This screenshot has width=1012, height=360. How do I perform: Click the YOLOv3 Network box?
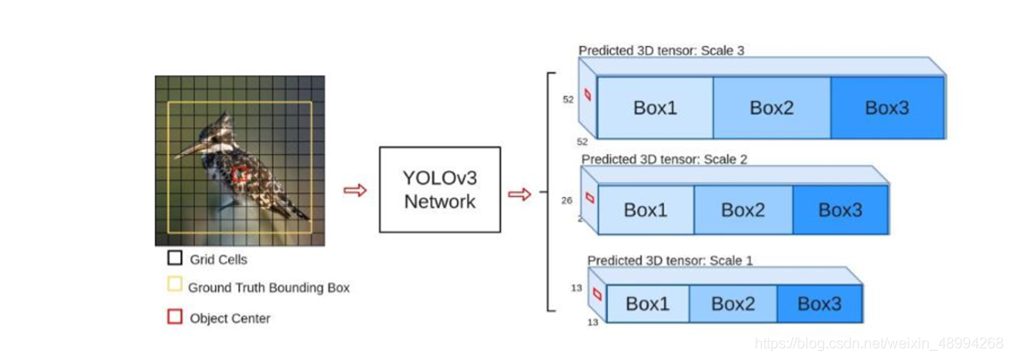click(440, 189)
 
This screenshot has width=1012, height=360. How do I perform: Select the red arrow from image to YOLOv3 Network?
click(354, 190)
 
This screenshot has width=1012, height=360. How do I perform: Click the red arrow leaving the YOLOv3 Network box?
click(519, 193)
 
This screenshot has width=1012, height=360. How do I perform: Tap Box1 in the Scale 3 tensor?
click(655, 107)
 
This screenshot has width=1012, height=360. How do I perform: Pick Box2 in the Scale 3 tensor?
click(771, 107)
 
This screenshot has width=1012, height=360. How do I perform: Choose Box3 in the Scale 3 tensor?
click(887, 107)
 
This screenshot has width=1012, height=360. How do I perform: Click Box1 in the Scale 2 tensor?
click(647, 210)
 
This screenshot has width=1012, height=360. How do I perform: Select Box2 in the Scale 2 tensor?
click(743, 210)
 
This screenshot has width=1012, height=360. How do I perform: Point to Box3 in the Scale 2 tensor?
click(840, 210)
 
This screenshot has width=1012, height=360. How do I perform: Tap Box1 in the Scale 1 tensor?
click(647, 304)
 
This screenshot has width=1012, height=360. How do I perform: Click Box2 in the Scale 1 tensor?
click(733, 304)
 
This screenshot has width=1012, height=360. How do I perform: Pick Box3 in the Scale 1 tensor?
click(819, 304)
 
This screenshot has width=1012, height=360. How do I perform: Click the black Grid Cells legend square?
click(174, 258)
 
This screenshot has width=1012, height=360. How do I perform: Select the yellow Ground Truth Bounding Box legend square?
click(174, 287)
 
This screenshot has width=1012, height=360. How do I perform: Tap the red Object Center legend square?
click(174, 317)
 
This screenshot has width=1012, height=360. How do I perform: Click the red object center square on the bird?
click(240, 174)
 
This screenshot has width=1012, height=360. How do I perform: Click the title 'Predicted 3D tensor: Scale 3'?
click(660, 50)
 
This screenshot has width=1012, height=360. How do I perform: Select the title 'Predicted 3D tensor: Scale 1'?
click(669, 260)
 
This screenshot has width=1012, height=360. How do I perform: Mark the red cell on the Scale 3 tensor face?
click(588, 95)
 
